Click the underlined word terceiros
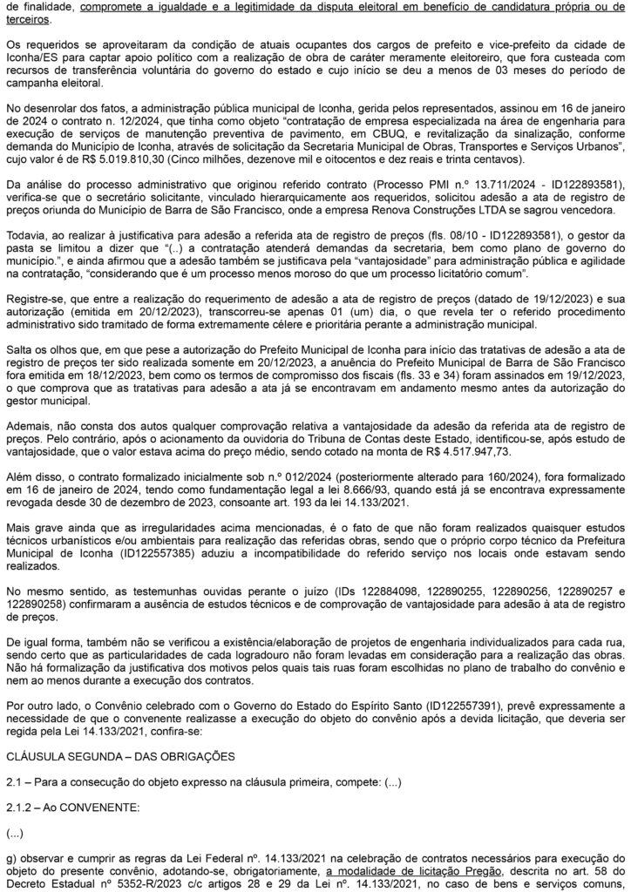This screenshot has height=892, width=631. [27, 17]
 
